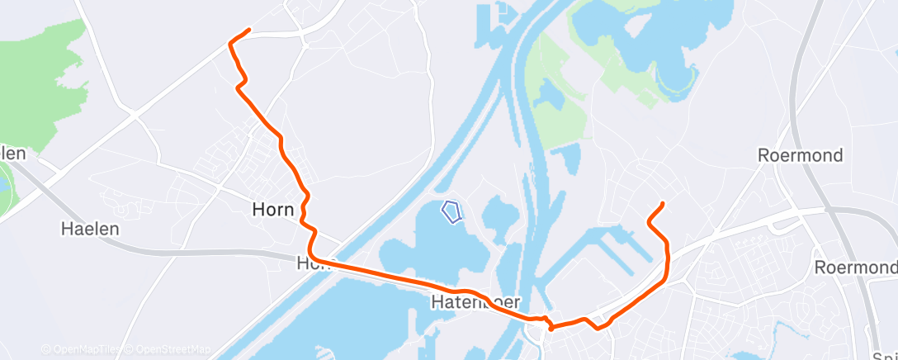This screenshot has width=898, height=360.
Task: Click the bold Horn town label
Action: (x=272, y=210)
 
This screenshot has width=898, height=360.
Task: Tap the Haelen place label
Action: (x=90, y=229)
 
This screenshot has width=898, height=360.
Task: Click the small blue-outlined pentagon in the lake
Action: (x=451, y=212)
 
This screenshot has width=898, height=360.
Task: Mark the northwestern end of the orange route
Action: (x=248, y=31)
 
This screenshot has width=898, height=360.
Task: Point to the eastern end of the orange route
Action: (x=662, y=204)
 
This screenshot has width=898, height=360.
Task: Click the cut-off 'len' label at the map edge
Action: (x=13, y=154)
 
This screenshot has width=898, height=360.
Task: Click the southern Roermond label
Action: (x=854, y=268)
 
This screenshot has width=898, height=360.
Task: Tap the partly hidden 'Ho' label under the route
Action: (x=306, y=263)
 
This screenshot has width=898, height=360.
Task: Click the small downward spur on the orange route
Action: (x=551, y=328)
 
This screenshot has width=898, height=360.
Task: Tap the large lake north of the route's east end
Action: (x=652, y=41)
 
